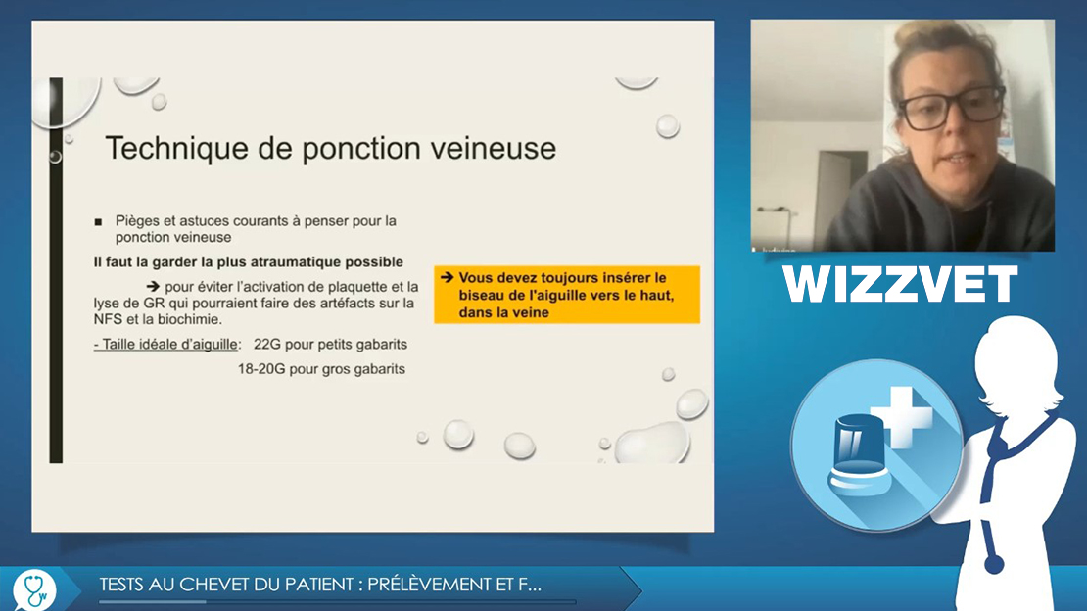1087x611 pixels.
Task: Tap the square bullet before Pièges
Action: pos(99,222)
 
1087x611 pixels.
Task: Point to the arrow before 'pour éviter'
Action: pos(153,286)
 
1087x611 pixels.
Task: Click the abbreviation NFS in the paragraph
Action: pos(109,320)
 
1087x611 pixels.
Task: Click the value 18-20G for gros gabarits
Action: pos(261,369)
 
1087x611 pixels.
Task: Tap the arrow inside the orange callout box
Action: pos(448,277)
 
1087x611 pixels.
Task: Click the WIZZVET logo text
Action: pos(900,284)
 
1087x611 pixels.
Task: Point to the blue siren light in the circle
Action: pos(858,449)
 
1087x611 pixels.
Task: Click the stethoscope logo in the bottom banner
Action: pos(34,589)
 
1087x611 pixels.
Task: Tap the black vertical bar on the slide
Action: pos(56,270)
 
